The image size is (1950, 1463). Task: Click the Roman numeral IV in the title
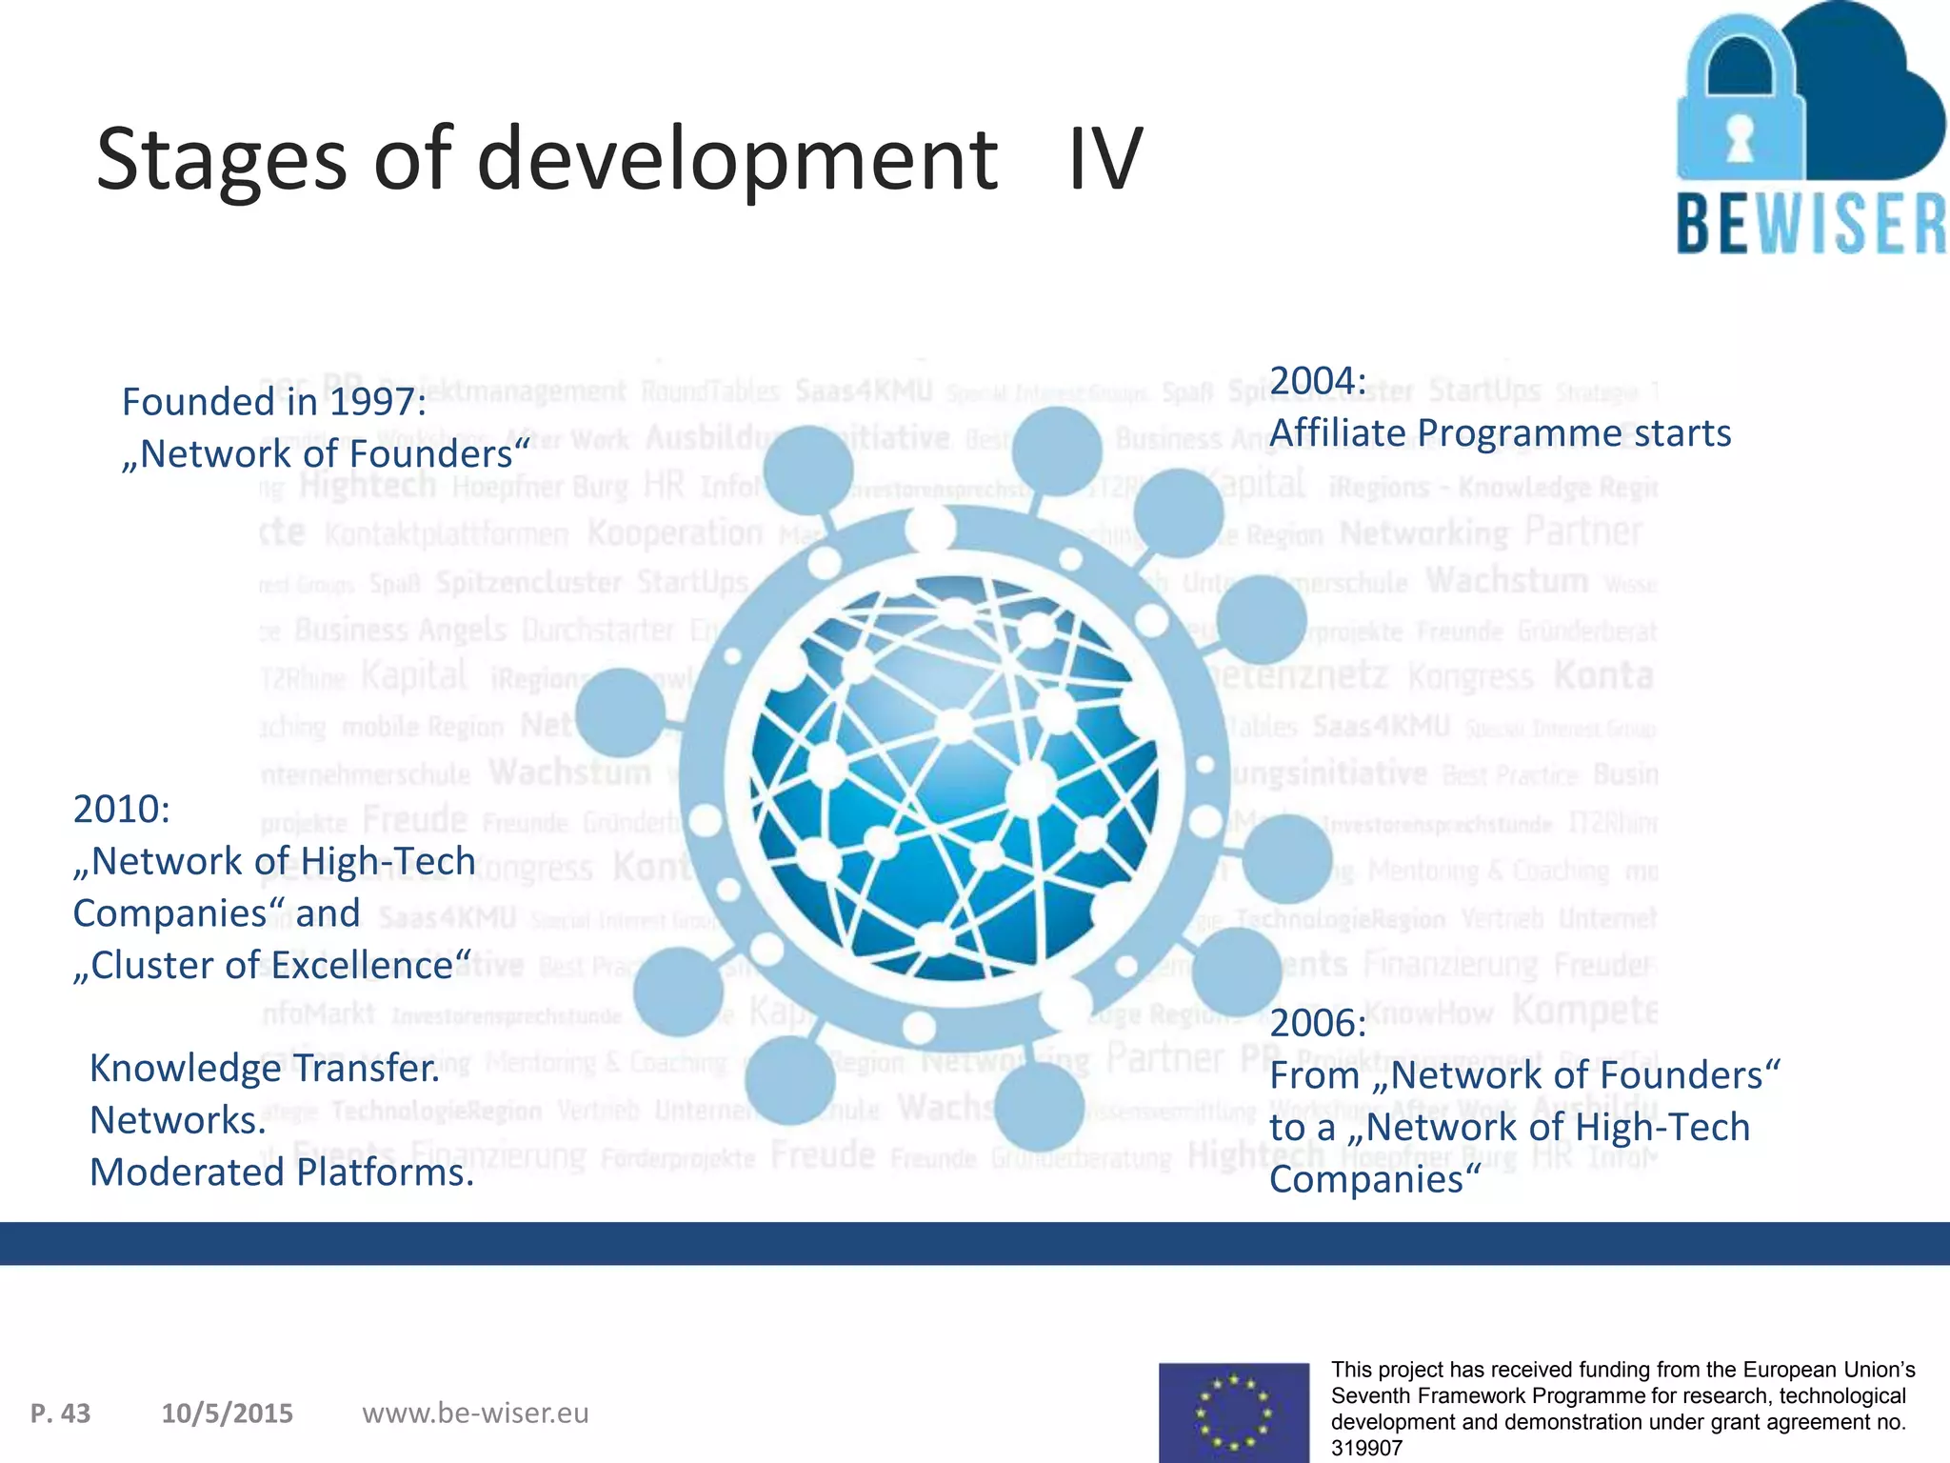pyautogui.click(x=1104, y=160)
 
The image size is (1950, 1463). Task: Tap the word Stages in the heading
pyautogui.click(x=221, y=162)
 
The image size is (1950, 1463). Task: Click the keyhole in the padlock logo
pyautogui.click(x=1741, y=140)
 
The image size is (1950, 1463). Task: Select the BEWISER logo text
pyautogui.click(x=1811, y=224)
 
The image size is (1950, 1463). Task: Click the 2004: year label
pyautogui.click(x=1318, y=381)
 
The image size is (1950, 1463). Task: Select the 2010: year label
pyautogui.click(x=122, y=810)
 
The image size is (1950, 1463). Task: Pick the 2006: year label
pyautogui.click(x=1318, y=1024)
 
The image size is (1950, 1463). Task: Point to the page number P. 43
pyautogui.click(x=61, y=1413)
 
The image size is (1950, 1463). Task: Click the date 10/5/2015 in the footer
pyautogui.click(x=228, y=1413)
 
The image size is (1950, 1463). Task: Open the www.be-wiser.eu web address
pyautogui.click(x=475, y=1413)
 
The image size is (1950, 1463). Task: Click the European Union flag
pyautogui.click(x=1234, y=1413)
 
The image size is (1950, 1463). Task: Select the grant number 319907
pyautogui.click(x=1366, y=1449)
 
